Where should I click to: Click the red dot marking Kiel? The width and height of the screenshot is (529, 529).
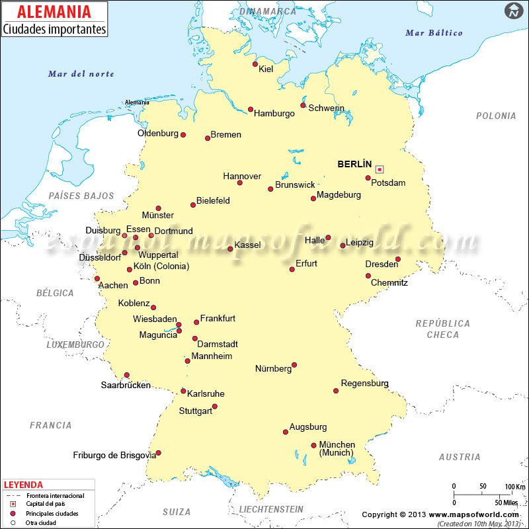coord(255,64)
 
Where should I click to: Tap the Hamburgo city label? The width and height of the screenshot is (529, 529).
coord(274,114)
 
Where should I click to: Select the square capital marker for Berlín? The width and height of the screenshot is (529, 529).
coord(380,169)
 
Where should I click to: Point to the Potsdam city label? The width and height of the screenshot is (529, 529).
coord(388,183)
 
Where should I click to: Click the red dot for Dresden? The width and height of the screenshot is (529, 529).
coord(398,259)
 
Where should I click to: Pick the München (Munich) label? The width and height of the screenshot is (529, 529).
coord(337,448)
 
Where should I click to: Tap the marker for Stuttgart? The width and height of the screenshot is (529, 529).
coord(214,407)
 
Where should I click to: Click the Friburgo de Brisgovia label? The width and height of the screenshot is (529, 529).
coord(114,455)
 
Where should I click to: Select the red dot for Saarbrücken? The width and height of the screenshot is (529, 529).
coord(127,375)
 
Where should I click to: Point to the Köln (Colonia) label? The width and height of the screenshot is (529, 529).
coord(161,266)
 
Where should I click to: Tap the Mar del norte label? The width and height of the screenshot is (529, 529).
coord(81,74)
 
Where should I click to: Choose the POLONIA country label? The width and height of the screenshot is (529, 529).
coord(496,116)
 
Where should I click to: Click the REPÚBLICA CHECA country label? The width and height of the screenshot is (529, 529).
coord(442,329)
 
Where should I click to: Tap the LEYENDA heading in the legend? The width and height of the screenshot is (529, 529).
coord(24,485)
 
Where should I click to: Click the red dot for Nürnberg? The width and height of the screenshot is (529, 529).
coord(294,364)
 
